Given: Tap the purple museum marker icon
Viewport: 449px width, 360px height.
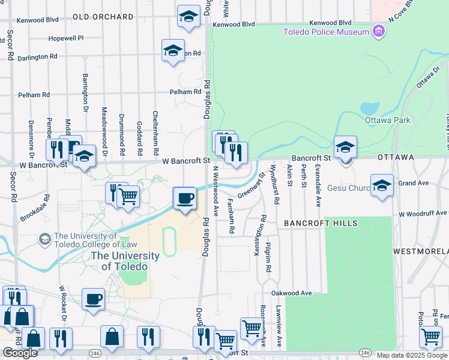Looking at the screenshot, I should [378, 31].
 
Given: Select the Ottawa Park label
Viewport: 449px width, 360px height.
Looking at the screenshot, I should [387, 120].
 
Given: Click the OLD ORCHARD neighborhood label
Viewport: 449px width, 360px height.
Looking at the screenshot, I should [103, 17].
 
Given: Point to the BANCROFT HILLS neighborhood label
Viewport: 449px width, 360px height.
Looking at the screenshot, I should [321, 223].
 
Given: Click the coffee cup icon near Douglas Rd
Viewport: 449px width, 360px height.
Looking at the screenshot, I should [185, 199].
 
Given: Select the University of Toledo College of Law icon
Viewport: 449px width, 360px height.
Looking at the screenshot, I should [44, 239].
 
